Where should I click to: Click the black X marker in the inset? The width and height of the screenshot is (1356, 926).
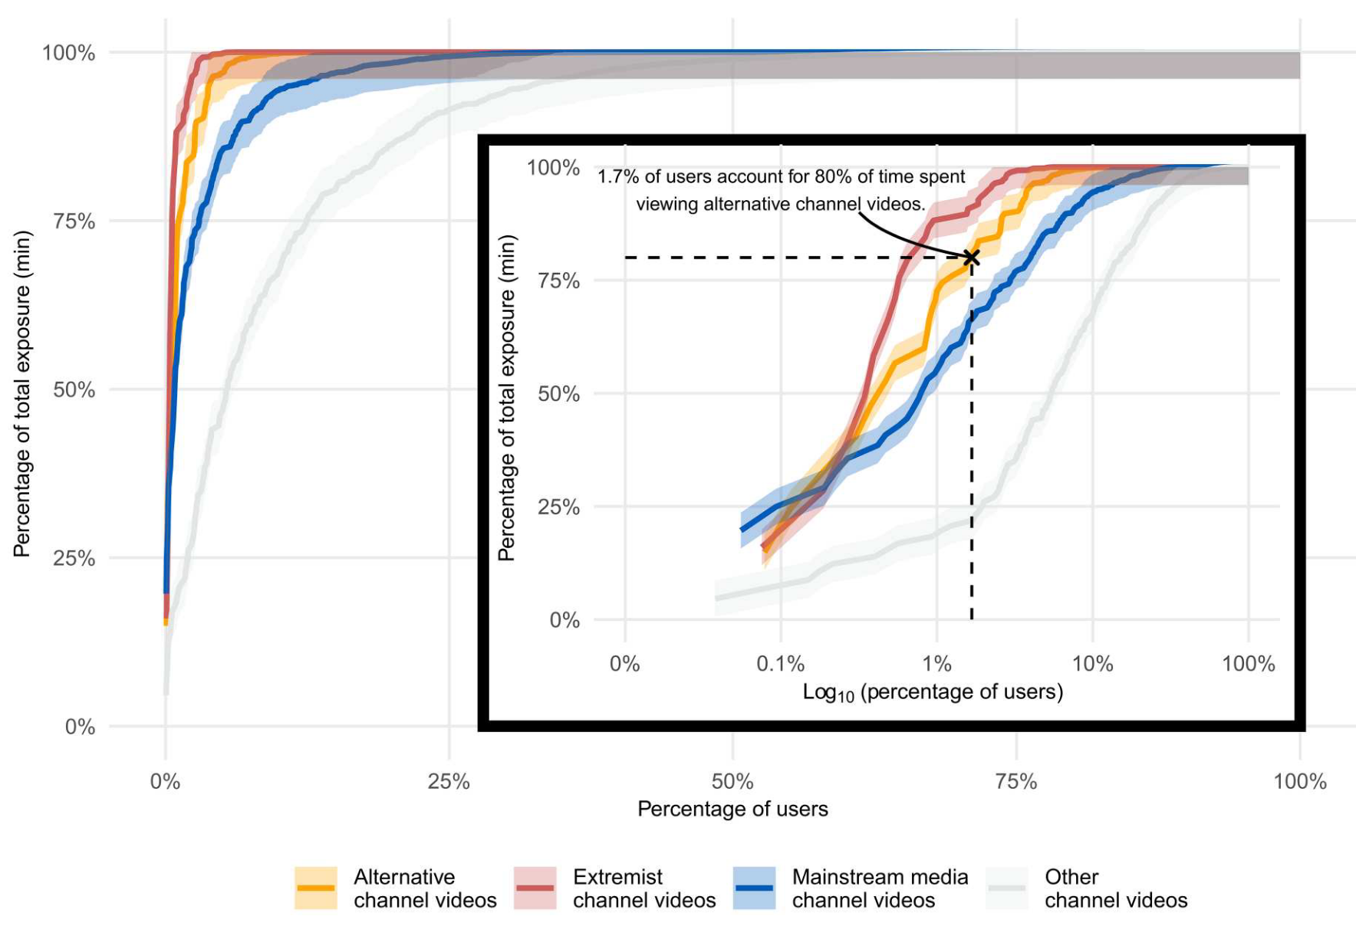(972, 257)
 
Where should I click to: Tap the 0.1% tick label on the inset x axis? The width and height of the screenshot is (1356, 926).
(780, 664)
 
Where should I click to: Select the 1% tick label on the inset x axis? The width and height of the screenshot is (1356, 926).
(936, 664)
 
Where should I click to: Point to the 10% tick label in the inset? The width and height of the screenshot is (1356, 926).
(1092, 664)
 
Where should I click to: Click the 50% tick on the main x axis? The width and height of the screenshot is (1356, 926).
(732, 782)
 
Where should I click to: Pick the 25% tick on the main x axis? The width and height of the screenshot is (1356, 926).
(449, 782)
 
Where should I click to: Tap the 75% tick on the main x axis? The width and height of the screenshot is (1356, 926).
(1016, 782)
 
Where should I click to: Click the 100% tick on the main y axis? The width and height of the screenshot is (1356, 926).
(68, 53)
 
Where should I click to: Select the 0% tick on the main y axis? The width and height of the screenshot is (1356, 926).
(80, 727)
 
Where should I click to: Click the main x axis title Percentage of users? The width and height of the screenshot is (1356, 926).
(732, 809)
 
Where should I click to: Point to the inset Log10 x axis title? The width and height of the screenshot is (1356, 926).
(933, 692)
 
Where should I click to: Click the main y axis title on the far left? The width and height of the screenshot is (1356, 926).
(22, 393)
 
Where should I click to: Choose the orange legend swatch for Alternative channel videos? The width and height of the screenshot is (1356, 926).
(315, 888)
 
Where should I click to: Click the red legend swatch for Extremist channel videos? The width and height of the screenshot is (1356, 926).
(535, 888)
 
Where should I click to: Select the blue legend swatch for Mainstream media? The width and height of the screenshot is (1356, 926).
(754, 888)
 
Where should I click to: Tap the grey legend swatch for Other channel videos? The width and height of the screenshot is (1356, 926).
(1007, 888)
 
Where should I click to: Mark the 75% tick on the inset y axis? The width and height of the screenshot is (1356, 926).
(558, 281)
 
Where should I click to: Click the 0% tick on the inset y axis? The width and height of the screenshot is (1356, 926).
(564, 620)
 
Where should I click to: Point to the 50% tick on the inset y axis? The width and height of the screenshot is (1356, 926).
(558, 394)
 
